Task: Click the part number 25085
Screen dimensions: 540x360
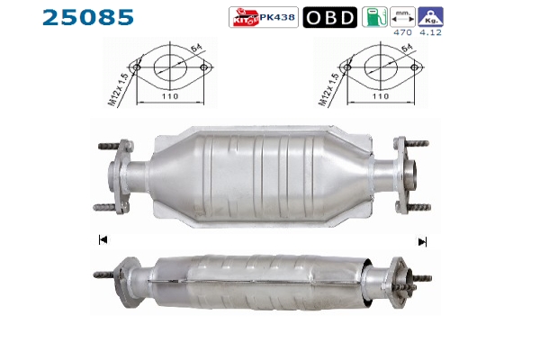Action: (x=88, y=18)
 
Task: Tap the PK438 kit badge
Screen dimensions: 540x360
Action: (x=264, y=17)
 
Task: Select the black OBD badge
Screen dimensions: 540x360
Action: (x=330, y=17)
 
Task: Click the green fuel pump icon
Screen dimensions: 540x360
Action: (x=374, y=17)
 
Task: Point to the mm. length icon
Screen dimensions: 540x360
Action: (x=402, y=17)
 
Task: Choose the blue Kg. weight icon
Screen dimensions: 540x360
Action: (x=430, y=17)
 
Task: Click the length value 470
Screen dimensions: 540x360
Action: (x=402, y=32)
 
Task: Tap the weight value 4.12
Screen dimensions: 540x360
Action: (x=430, y=32)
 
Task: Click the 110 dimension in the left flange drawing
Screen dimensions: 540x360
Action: (x=170, y=96)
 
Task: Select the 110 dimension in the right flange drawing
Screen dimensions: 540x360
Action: (x=381, y=96)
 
